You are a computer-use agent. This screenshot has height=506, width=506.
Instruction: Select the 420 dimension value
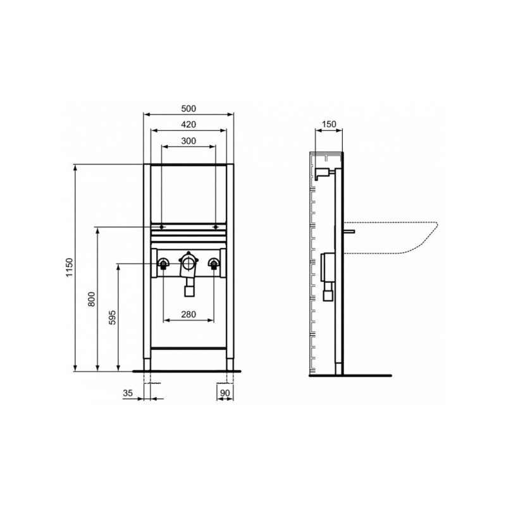tap(188, 125)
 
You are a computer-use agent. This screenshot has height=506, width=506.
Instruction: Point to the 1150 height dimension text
tap(70, 268)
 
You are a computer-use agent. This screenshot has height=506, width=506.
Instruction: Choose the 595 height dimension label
tap(113, 317)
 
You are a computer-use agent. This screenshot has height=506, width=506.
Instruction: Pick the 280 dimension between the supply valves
tap(189, 314)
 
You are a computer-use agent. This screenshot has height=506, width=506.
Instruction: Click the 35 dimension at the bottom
tap(128, 393)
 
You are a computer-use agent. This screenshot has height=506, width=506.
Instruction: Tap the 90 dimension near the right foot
tap(225, 393)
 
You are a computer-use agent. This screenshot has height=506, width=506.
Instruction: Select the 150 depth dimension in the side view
tap(328, 125)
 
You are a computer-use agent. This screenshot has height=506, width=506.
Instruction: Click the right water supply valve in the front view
tap(216, 263)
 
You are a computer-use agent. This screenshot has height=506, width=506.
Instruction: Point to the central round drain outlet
tap(188, 261)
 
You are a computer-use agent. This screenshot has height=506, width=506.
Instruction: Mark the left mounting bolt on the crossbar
tap(163, 226)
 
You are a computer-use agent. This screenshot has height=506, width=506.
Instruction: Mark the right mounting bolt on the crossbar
tap(216, 226)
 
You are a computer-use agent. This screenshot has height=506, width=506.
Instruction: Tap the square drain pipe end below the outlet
tap(188, 290)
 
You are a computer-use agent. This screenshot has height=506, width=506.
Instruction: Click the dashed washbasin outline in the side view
tap(405, 240)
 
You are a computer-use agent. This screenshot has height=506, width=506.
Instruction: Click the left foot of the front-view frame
tap(147, 364)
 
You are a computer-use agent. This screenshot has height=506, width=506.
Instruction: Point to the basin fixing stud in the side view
tap(349, 232)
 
